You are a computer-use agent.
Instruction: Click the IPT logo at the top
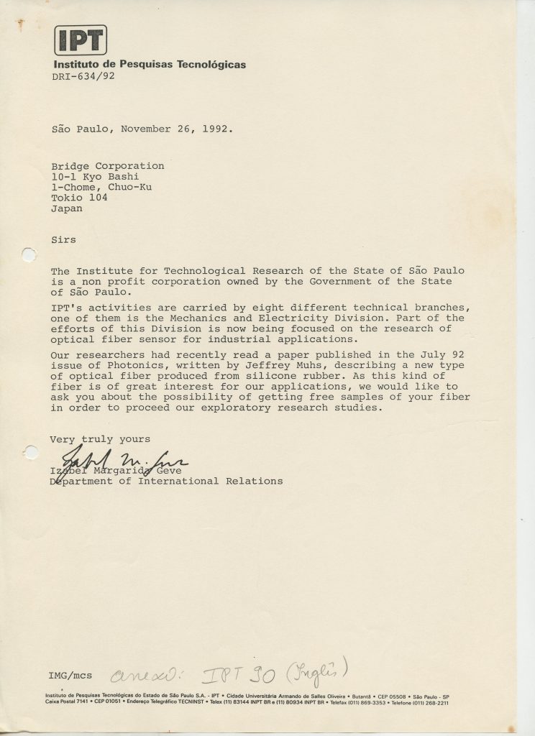pos(81,40)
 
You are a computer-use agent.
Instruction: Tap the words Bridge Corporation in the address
pos(108,166)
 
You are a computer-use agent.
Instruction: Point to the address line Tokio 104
pos(79,198)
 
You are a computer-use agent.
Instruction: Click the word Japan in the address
pos(67,209)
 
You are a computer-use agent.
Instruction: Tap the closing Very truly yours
pos(100,439)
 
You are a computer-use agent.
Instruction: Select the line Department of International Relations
pos(166,481)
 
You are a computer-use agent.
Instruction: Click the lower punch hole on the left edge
pos(29,452)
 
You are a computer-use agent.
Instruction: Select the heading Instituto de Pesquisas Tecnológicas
pos(150,65)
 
